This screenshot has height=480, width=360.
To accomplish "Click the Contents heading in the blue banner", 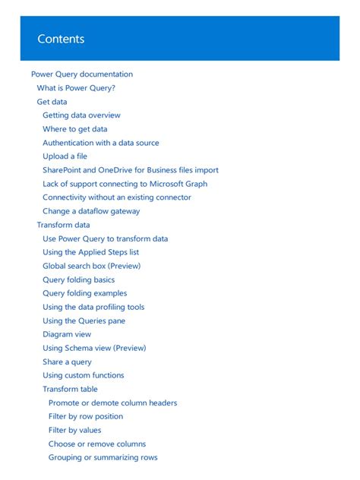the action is (x=61, y=39).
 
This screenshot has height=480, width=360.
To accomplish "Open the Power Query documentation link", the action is (x=82, y=74).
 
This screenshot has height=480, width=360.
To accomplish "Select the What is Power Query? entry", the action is (x=76, y=88).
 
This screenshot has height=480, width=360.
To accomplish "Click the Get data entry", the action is (x=52, y=102).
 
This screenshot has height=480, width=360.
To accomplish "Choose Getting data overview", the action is (x=81, y=115).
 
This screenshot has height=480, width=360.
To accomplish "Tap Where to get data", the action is (x=74, y=129).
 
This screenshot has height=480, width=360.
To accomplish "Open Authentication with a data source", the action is (x=101, y=143).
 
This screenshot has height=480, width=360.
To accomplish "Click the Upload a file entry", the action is (x=65, y=156).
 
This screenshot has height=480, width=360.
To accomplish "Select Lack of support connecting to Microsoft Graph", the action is (x=125, y=184).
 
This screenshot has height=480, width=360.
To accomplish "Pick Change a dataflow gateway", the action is (x=91, y=211).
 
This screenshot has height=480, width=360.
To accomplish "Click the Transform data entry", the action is (x=63, y=225).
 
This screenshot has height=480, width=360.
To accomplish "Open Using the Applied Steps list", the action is (x=90, y=252).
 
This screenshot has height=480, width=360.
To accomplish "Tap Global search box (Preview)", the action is (x=91, y=266).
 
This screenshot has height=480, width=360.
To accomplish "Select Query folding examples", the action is (x=84, y=293).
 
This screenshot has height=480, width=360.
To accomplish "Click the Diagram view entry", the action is (x=67, y=334).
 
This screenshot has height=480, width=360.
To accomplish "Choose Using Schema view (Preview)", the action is (x=94, y=348).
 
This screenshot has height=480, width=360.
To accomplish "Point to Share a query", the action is (x=67, y=362).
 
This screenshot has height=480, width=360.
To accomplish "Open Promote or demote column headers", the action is (x=112, y=403).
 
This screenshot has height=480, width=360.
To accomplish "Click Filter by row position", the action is (x=85, y=416).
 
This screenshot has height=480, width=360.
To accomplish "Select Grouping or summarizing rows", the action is (x=103, y=457).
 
